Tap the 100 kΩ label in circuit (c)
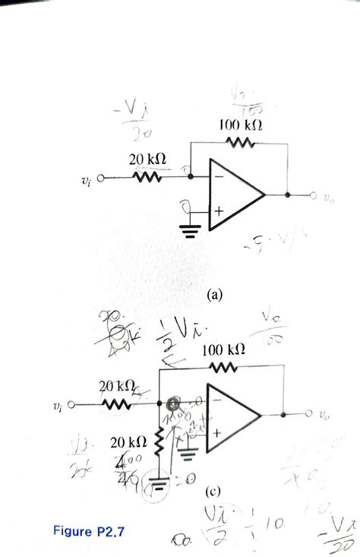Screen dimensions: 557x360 224,350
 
